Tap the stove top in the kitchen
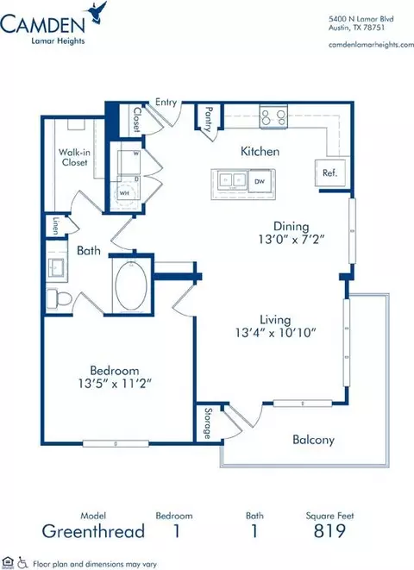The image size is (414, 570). (x=273, y=116)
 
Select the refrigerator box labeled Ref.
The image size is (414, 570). (x=330, y=172)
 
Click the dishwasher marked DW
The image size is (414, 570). (x=260, y=181)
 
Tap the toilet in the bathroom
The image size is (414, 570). (x=60, y=299)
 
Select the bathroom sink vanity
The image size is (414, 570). (x=57, y=265)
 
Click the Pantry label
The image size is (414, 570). (x=209, y=118)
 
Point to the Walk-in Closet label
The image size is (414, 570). (x=74, y=157)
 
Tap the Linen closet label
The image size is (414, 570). (x=55, y=226)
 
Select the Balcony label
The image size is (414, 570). (x=313, y=440)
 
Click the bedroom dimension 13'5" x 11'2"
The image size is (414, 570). (x=115, y=384)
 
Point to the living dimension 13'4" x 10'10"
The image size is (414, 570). (x=275, y=332)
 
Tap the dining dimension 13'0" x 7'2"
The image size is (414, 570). (x=292, y=239)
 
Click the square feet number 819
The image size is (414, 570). (x=329, y=530)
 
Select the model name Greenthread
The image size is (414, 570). (x=93, y=531)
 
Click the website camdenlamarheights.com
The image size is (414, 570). (x=371, y=45)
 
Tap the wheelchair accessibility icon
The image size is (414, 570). (x=23, y=562)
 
